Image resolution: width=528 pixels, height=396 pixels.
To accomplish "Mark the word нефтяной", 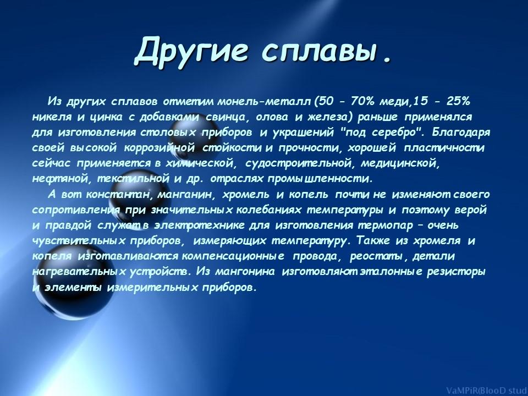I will pyautogui.click(x=62, y=179).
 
